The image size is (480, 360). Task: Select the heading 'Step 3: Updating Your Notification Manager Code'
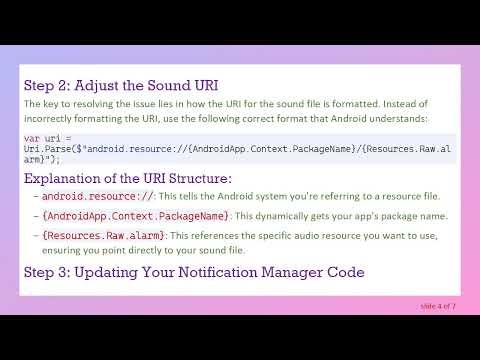tap(194, 272)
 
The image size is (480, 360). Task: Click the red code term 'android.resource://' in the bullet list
tap(84, 197)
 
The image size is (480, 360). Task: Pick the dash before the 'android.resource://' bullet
tap(35, 197)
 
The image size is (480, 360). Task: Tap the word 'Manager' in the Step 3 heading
tap(308, 272)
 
